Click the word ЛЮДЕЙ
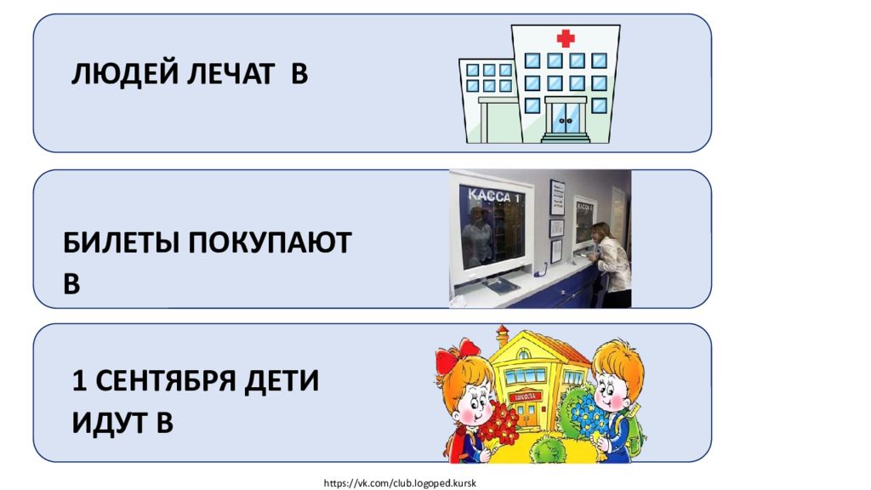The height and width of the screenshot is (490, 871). coord(125,75)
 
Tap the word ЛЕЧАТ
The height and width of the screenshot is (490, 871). coord(231,74)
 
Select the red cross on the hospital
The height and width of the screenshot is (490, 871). coord(566,38)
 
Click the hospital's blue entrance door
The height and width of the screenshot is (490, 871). coord(566,117)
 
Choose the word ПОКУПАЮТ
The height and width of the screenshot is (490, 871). coord(270,242)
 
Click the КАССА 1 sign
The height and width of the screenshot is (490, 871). coord(494,197)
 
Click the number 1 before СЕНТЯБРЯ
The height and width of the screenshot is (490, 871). coord(79,381)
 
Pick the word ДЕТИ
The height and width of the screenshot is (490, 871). coord(282,381)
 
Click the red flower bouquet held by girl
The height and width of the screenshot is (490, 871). coord(498,424)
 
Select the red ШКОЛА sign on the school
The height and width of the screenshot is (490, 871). coord(525,396)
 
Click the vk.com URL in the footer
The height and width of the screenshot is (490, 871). coord(400,483)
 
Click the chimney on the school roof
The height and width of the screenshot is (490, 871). coord(502,335)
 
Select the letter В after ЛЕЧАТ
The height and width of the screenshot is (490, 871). coord(299,75)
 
